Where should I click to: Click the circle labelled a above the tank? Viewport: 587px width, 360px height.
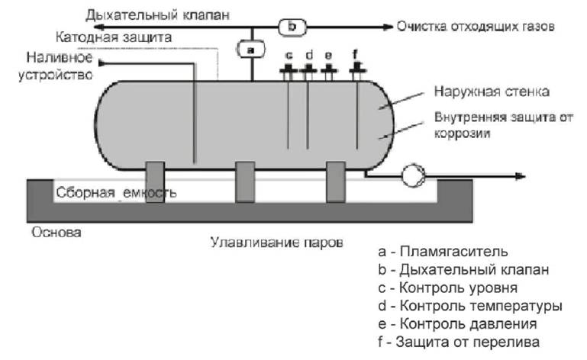[252, 50]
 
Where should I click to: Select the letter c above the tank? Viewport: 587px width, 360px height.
[289, 56]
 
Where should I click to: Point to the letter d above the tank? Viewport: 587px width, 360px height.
[308, 56]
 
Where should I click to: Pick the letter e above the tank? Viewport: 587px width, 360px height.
[327, 56]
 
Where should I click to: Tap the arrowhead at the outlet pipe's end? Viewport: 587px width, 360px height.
[521, 176]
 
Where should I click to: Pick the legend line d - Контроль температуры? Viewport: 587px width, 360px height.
[469, 306]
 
